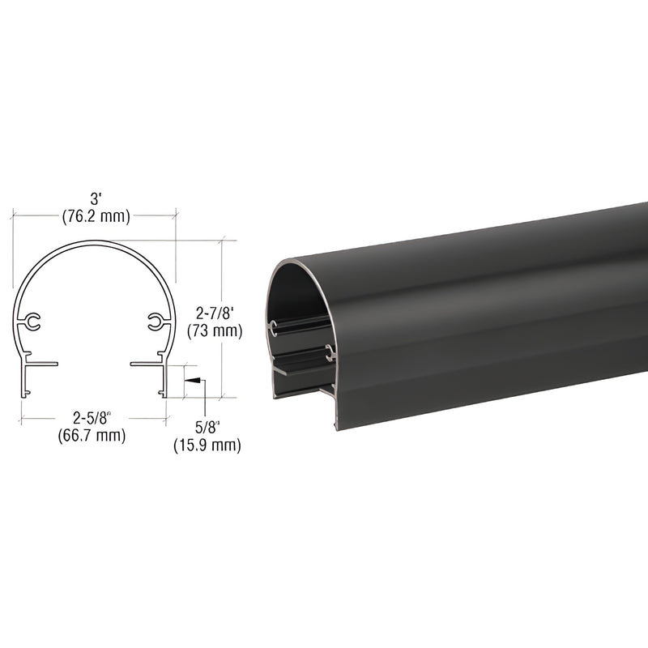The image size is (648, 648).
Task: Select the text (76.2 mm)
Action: [96, 216]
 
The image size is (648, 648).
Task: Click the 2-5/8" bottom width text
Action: [92, 419]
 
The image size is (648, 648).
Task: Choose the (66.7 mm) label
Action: [92, 436]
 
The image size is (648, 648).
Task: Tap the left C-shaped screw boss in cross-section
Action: [32, 323]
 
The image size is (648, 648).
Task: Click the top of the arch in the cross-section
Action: [94, 242]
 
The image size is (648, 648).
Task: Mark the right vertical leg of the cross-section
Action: [164, 381]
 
